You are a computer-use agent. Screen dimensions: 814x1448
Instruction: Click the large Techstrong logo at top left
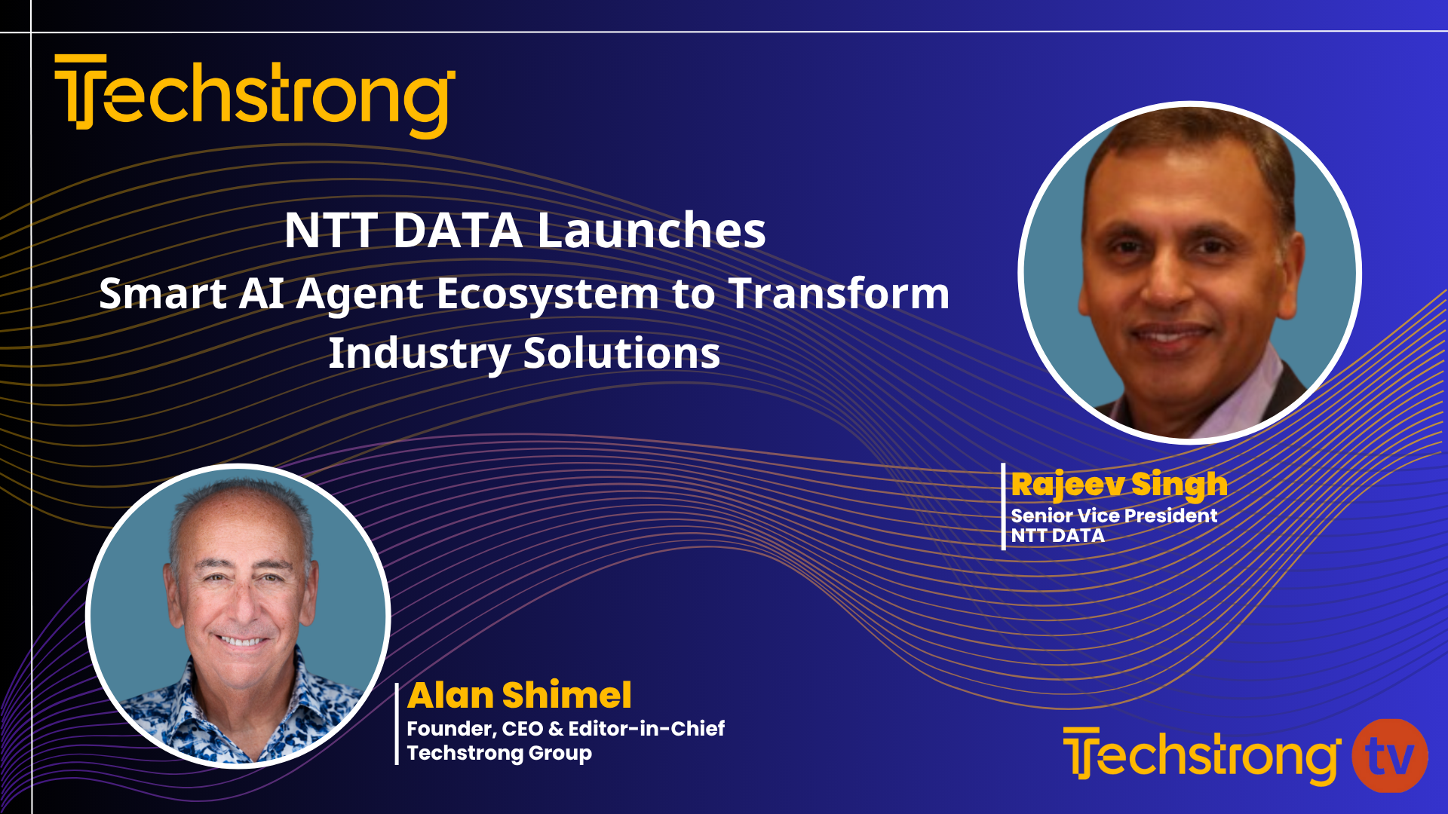click(255, 96)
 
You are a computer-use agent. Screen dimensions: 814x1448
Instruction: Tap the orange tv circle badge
click(1389, 756)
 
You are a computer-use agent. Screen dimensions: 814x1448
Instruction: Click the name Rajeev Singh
click(1119, 485)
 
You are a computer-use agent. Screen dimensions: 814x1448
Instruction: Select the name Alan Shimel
click(520, 695)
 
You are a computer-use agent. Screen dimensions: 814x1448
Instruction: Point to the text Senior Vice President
click(1114, 516)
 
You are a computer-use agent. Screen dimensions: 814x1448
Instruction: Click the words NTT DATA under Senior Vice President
click(1057, 536)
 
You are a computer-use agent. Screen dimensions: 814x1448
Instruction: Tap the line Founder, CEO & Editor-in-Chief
click(566, 728)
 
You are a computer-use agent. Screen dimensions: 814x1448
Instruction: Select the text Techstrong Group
click(499, 753)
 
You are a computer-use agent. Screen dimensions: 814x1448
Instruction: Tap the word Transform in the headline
click(839, 293)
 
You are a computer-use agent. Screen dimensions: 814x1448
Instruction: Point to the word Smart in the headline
click(162, 293)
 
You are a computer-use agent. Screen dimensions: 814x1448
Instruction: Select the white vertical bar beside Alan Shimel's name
click(397, 724)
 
